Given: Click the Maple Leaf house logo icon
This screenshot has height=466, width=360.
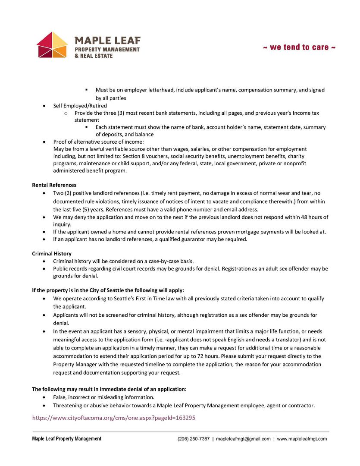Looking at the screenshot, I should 52,45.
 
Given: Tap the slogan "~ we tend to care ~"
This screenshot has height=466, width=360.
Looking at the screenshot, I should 299,47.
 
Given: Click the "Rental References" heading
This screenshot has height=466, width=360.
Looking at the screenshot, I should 54,185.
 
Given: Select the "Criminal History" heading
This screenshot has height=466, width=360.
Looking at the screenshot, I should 52,254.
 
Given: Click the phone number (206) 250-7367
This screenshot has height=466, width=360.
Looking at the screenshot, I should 194,439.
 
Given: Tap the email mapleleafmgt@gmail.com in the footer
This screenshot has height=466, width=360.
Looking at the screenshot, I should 243,439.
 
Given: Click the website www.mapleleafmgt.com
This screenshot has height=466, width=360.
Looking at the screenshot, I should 302,439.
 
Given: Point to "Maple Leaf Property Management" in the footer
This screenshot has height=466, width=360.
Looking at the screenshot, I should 67,439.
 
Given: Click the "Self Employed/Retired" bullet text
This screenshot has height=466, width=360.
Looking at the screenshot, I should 80,106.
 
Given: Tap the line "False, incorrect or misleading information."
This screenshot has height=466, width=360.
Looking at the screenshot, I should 103,397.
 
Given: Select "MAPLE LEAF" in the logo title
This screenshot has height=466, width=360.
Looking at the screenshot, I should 107,41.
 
